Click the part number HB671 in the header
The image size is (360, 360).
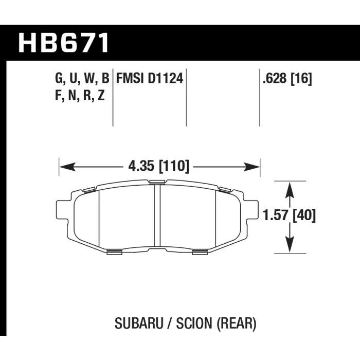[64, 43]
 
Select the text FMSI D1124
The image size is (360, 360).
[150, 79]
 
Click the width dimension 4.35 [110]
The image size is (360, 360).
[157, 166]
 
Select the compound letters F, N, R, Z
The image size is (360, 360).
[79, 95]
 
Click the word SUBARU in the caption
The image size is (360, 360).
[135, 324]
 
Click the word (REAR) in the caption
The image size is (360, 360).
[236, 324]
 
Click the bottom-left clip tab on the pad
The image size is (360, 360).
[115, 251]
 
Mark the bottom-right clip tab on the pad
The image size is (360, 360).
[201, 251]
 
